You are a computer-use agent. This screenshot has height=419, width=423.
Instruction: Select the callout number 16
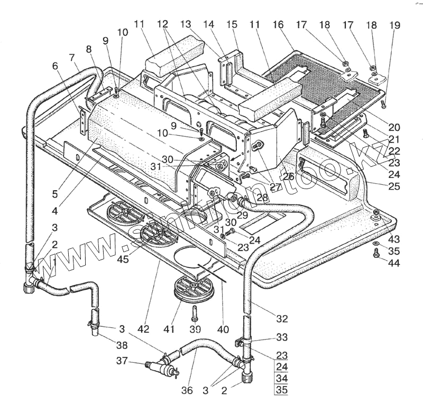pyautogui.click(x=278, y=25)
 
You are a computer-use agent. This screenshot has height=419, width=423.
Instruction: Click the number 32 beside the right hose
pyautogui.click(x=282, y=318)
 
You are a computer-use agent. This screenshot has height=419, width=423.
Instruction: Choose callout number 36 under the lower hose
pyautogui.click(x=187, y=391)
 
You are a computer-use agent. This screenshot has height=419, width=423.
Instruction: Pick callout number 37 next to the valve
pyautogui.click(x=122, y=361)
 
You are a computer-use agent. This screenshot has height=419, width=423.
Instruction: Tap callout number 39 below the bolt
pyautogui.click(x=196, y=329)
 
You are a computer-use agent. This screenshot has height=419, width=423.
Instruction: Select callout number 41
pyautogui.click(x=169, y=329)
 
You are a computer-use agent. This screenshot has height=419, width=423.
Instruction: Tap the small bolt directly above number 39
pyautogui.click(x=196, y=313)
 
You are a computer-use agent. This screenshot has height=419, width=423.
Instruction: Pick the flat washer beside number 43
pyautogui.click(x=375, y=243)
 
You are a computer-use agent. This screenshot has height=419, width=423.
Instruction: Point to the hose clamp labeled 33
pyautogui.click(x=245, y=340)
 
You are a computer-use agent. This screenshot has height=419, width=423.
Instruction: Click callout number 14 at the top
pyautogui.click(x=209, y=25)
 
